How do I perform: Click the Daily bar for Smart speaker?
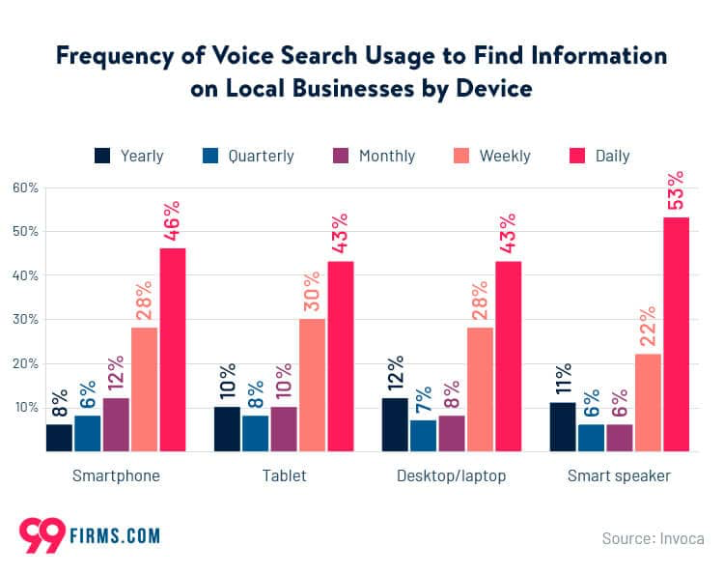676,333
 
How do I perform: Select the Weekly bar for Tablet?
312,385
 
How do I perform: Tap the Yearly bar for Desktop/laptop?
395,424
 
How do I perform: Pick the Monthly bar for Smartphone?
116,424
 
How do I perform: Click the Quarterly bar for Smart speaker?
591,437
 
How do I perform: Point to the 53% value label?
677,191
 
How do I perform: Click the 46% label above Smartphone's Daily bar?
173,224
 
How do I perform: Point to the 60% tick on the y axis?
23,187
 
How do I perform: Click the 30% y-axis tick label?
23,320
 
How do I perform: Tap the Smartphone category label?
116,476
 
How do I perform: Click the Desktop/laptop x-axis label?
452,476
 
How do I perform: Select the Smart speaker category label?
619,476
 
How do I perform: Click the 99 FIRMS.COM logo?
89,534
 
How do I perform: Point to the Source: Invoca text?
653,538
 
